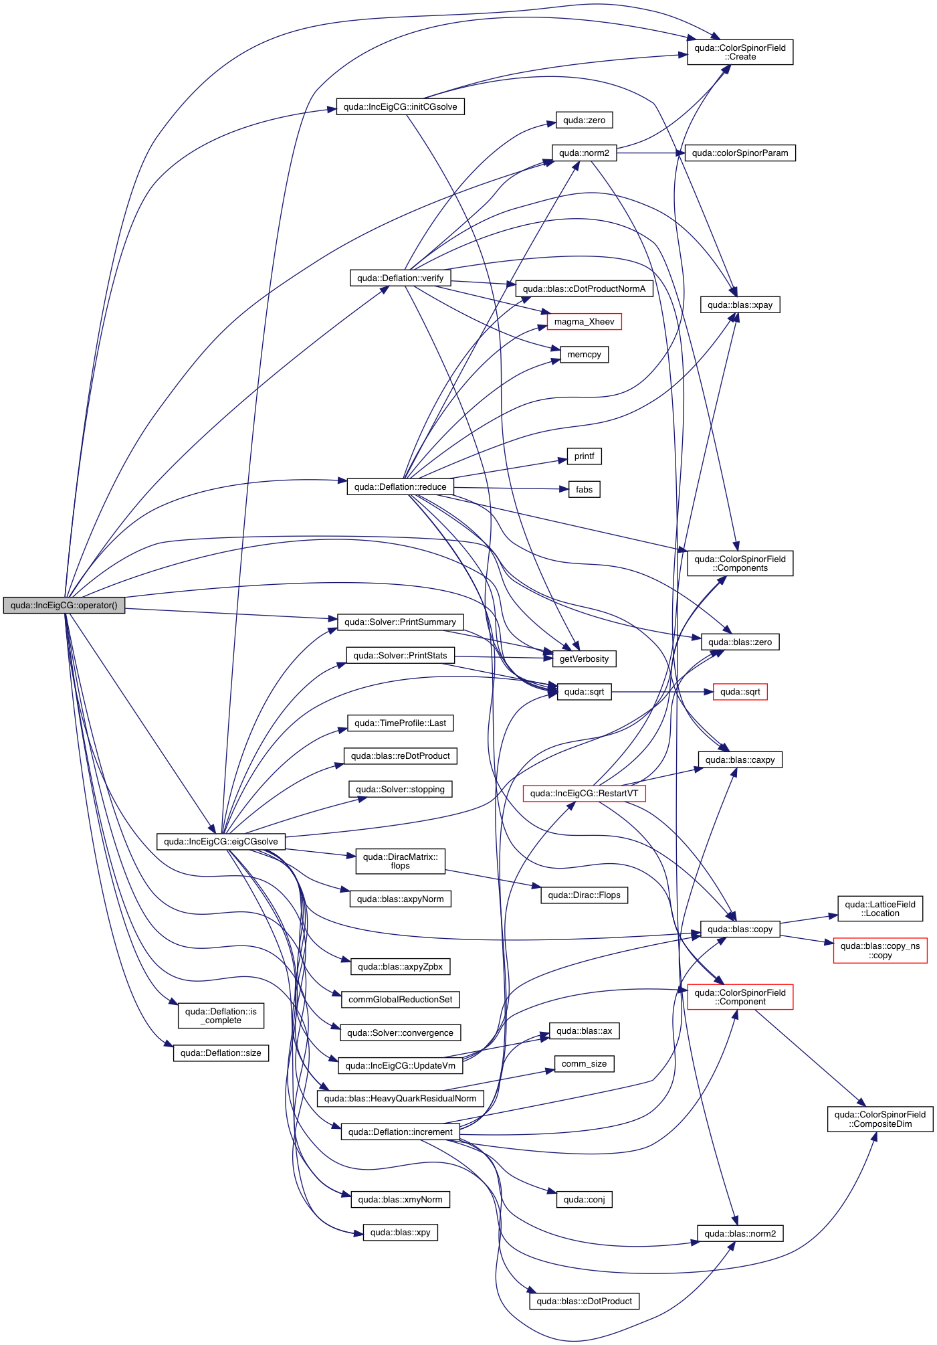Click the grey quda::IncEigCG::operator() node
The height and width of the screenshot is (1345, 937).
click(x=64, y=606)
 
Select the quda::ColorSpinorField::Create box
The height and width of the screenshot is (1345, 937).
click(x=740, y=52)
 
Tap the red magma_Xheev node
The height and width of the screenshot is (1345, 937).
click(x=584, y=322)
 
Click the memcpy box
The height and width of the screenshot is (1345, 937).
click(x=584, y=355)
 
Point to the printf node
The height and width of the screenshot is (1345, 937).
click(x=584, y=456)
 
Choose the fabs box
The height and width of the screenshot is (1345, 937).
click(x=584, y=490)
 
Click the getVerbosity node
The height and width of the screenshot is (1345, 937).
click(x=584, y=659)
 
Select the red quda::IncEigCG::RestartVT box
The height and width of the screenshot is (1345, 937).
click(x=584, y=794)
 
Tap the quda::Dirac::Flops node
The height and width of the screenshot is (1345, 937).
click(x=584, y=895)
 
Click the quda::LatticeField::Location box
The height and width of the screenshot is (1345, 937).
click(x=879, y=909)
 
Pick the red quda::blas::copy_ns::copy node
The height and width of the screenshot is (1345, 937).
click(x=879, y=951)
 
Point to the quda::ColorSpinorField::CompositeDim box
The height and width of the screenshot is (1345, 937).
click(x=879, y=1119)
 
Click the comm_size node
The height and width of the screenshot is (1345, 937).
click(x=584, y=1064)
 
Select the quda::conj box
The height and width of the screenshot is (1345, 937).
click(x=584, y=1200)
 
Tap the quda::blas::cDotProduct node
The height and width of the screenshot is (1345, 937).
click(x=584, y=1302)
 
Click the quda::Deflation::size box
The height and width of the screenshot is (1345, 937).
click(x=221, y=1053)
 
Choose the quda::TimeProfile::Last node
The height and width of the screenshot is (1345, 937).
click(x=400, y=723)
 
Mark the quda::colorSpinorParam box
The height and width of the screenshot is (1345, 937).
click(x=740, y=153)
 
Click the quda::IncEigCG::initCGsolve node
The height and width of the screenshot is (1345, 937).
click(x=400, y=107)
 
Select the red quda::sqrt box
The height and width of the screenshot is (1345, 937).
click(x=740, y=692)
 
